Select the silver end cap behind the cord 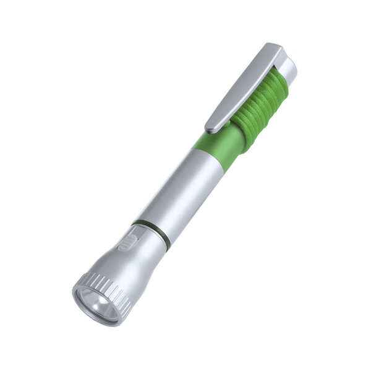point(290,68)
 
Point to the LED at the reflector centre point(93,303)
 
